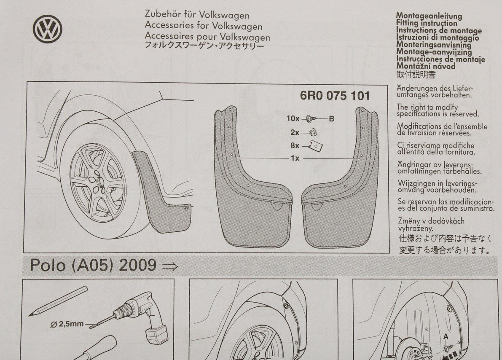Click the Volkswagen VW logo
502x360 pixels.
point(47,29)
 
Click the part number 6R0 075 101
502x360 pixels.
point(335,96)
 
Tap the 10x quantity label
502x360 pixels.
point(293,118)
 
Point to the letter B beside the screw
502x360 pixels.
point(331,118)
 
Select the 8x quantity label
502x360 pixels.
point(295,145)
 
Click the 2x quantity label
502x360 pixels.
point(295,132)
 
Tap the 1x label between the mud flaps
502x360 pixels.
point(295,158)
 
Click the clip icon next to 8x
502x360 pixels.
point(315,146)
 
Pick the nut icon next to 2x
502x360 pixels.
point(313,132)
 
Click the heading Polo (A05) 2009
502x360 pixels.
point(93,265)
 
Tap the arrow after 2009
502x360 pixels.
point(170,266)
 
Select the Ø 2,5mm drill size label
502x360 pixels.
point(67,324)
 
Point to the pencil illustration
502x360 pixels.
point(58,301)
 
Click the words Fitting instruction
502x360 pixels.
point(427,23)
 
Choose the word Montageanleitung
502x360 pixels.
point(429,15)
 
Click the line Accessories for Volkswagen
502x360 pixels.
point(204,26)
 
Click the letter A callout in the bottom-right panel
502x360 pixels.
point(446,337)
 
